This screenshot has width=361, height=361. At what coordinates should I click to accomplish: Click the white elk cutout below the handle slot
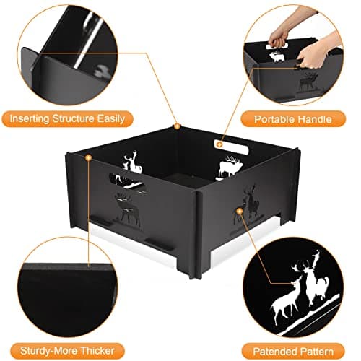[x=230, y=168]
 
